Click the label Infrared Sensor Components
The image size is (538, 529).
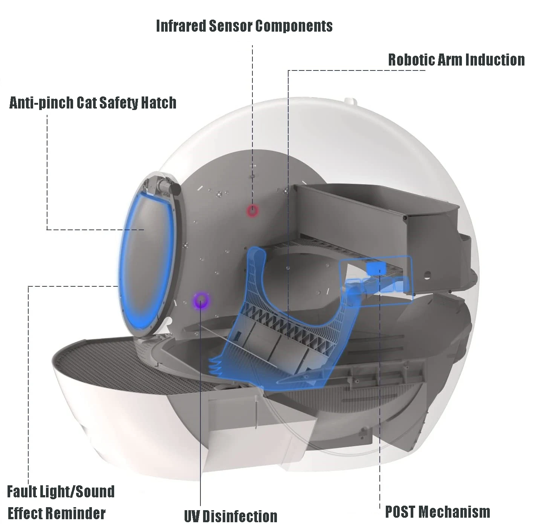244,26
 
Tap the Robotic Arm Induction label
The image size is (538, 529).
456,60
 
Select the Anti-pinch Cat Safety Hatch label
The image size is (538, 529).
93,103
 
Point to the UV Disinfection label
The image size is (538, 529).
231,516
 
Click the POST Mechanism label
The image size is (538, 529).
437,512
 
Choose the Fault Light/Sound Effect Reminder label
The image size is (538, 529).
61,502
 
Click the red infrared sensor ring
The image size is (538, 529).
252,211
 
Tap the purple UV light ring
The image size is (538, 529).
201,300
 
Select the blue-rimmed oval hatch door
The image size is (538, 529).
147,260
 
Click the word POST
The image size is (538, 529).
400,512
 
